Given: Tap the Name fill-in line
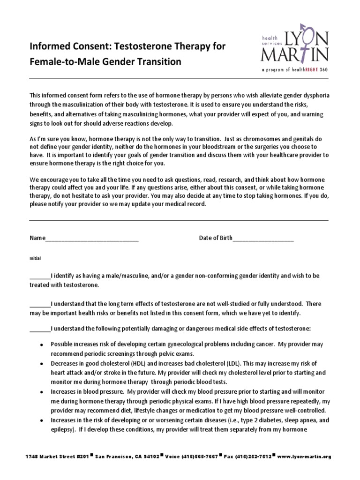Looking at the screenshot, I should pos(92,239).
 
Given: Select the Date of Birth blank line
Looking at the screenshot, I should pos(263,239).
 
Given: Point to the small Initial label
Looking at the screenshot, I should pos(35,258).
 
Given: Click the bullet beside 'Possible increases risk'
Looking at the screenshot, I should pos(42,345).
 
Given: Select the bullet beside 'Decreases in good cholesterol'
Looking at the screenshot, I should pos(42,364).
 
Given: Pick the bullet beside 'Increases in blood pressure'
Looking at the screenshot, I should pos(42,392).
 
